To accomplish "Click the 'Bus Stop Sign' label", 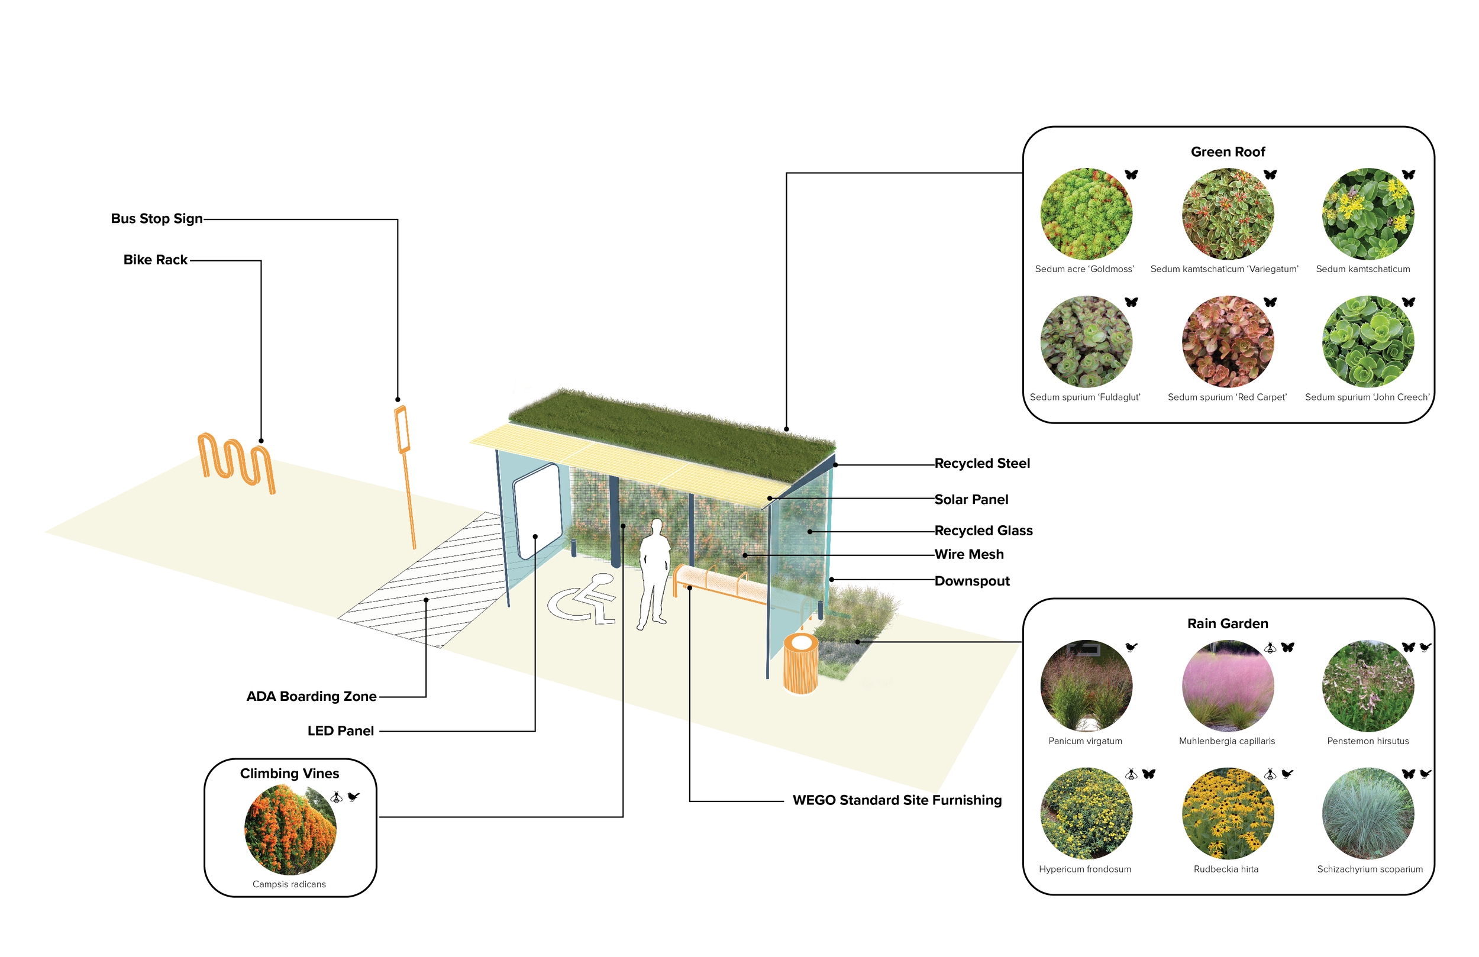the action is [157, 219].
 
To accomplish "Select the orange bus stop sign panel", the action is [402, 429].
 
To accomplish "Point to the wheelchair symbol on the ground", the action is [583, 600].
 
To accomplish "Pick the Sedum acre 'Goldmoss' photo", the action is [1086, 214].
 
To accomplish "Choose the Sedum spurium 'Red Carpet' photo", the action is [1228, 342].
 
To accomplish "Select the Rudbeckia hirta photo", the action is [1228, 813].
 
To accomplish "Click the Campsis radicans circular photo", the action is [290, 830].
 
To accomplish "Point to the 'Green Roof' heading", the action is [1228, 152].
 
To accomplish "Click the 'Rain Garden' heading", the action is [1228, 624].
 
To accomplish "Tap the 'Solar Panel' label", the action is [971, 500].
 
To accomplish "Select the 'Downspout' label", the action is [972, 581].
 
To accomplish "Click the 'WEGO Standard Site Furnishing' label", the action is [897, 800].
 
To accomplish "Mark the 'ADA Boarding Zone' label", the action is [311, 697].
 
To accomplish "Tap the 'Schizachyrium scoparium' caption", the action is [1370, 869].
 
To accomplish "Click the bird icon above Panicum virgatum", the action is [1132, 648].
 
